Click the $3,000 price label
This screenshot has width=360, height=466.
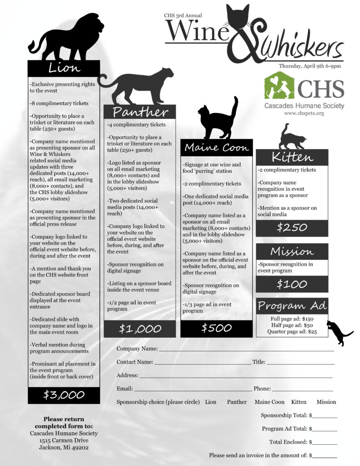click(x=64, y=395)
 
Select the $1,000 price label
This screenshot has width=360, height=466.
click(x=140, y=328)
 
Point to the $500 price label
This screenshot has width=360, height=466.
click(x=216, y=328)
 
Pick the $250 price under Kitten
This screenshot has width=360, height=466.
click(x=292, y=228)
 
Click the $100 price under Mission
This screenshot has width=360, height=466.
click(x=292, y=284)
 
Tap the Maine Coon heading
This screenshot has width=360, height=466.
click(x=216, y=147)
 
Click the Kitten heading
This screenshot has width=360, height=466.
click(x=292, y=157)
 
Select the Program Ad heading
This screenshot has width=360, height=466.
click(x=292, y=306)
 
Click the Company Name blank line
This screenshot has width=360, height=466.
click(x=246, y=349)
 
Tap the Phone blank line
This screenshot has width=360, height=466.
click(x=302, y=390)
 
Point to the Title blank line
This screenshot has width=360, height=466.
click(x=300, y=363)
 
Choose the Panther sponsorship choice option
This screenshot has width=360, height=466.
click(x=237, y=402)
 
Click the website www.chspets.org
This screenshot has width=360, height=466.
click(x=304, y=113)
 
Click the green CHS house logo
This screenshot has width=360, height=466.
click(x=279, y=86)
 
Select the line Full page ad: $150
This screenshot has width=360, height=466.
click(x=292, y=319)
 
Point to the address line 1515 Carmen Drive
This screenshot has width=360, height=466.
click(x=64, y=441)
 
